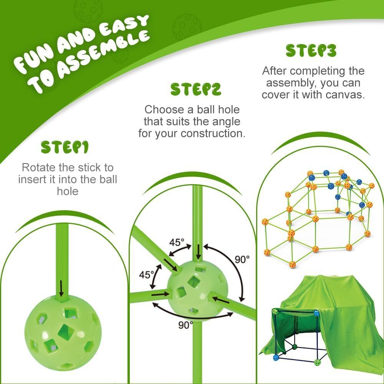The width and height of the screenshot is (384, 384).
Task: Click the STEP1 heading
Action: coord(65,147)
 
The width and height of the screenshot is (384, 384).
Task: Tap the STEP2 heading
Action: coord(196,89)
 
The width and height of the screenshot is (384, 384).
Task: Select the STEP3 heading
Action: coord(311,51)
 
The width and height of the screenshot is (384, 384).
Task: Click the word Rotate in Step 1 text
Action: coord(38,168)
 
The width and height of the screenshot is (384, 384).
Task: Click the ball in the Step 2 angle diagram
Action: coord(197,288)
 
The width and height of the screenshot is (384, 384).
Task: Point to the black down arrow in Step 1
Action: coord(61,288)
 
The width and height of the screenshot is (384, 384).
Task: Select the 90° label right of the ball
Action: coord(242,259)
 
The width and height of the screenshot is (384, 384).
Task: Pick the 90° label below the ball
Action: coord(185,325)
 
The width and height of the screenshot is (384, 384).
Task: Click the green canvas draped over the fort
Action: coord(329,318)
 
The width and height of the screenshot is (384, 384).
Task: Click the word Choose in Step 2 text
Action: coord(164,110)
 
